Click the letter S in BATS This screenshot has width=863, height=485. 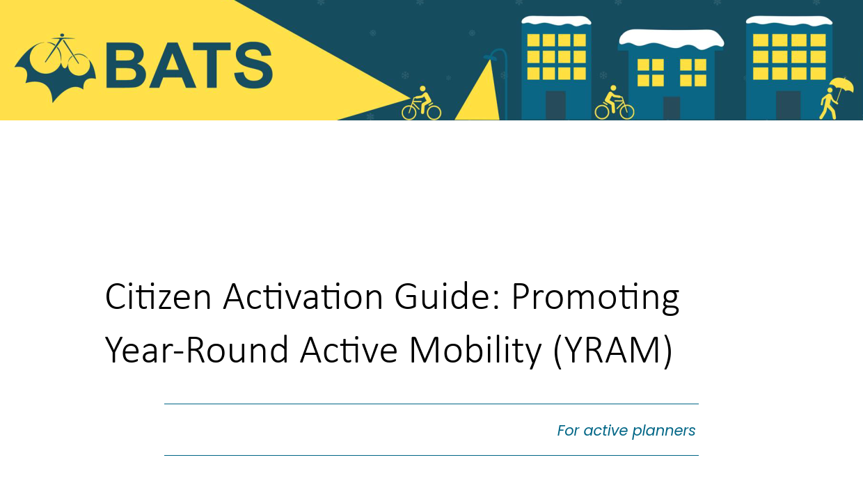click(x=253, y=65)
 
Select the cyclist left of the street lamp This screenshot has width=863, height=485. click(x=422, y=103)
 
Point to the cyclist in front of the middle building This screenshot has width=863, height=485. click(x=614, y=102)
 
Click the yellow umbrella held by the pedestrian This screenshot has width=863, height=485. click(x=841, y=86)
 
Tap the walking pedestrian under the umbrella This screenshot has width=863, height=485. click(x=828, y=104)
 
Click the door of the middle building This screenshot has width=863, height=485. click(x=672, y=108)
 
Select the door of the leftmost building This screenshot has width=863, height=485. click(x=555, y=105)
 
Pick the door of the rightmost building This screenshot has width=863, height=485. click(x=788, y=105)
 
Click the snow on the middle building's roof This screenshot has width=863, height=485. click(x=671, y=39)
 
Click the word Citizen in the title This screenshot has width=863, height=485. click(x=158, y=296)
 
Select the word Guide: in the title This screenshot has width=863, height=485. click(x=447, y=296)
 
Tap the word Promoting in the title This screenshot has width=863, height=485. click(x=595, y=299)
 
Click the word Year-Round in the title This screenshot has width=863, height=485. click(x=196, y=350)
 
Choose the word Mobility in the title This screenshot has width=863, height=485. click(x=475, y=352)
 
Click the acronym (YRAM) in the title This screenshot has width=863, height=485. click(x=612, y=352)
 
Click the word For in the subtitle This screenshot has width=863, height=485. click(x=568, y=430)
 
